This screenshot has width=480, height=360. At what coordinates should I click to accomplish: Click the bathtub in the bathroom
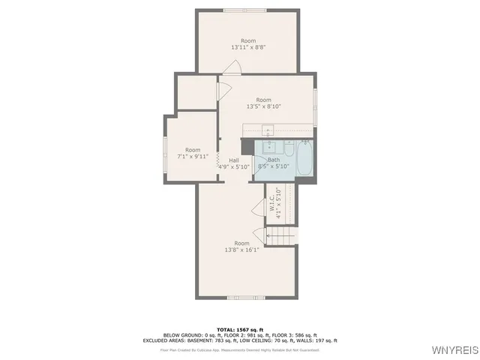(305, 159)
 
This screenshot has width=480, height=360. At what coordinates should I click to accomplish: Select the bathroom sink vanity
(268, 146)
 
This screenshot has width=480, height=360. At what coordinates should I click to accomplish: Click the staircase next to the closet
(280, 237)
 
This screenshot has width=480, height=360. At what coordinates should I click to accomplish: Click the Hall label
(234, 160)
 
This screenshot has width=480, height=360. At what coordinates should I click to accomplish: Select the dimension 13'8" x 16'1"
(241, 250)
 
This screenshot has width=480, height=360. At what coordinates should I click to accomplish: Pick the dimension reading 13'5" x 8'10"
(262, 107)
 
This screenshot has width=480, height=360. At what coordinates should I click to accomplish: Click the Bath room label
(274, 160)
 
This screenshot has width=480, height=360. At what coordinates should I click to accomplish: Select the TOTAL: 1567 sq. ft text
(240, 329)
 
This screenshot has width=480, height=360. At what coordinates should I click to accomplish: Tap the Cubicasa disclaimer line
(240, 349)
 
